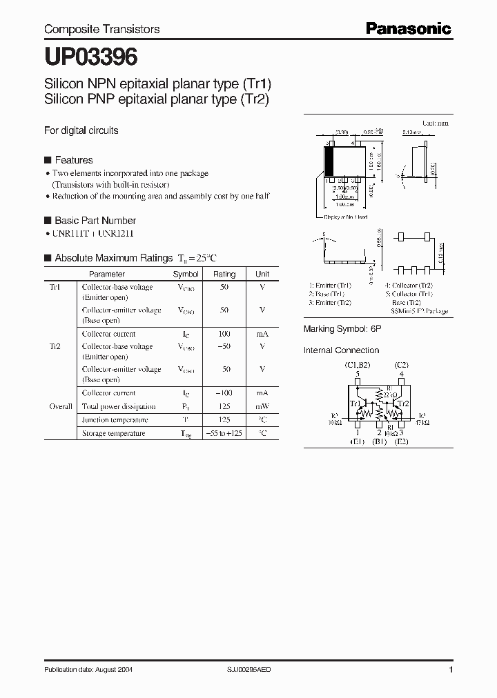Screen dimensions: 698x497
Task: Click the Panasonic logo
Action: tap(408, 28)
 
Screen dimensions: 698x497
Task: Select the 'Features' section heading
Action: tap(73, 160)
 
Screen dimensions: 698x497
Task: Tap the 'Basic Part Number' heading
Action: tap(95, 221)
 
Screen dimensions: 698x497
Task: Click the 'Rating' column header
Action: tap(224, 274)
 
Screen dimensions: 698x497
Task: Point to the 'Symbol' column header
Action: tap(186, 274)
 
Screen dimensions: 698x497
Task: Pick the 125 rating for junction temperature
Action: tap(224, 420)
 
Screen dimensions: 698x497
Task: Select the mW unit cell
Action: tap(262, 406)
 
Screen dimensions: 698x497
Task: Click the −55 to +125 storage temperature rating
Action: tap(224, 434)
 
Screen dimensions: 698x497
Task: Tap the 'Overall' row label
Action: tap(61, 406)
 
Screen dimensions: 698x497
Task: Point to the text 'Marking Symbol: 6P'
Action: tap(342, 330)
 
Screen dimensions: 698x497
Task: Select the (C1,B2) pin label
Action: tap(358, 364)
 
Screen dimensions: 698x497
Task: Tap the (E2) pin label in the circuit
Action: tap(401, 441)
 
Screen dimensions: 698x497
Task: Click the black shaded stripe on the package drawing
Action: tap(329, 162)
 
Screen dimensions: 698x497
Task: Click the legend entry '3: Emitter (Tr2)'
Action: tap(331, 303)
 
